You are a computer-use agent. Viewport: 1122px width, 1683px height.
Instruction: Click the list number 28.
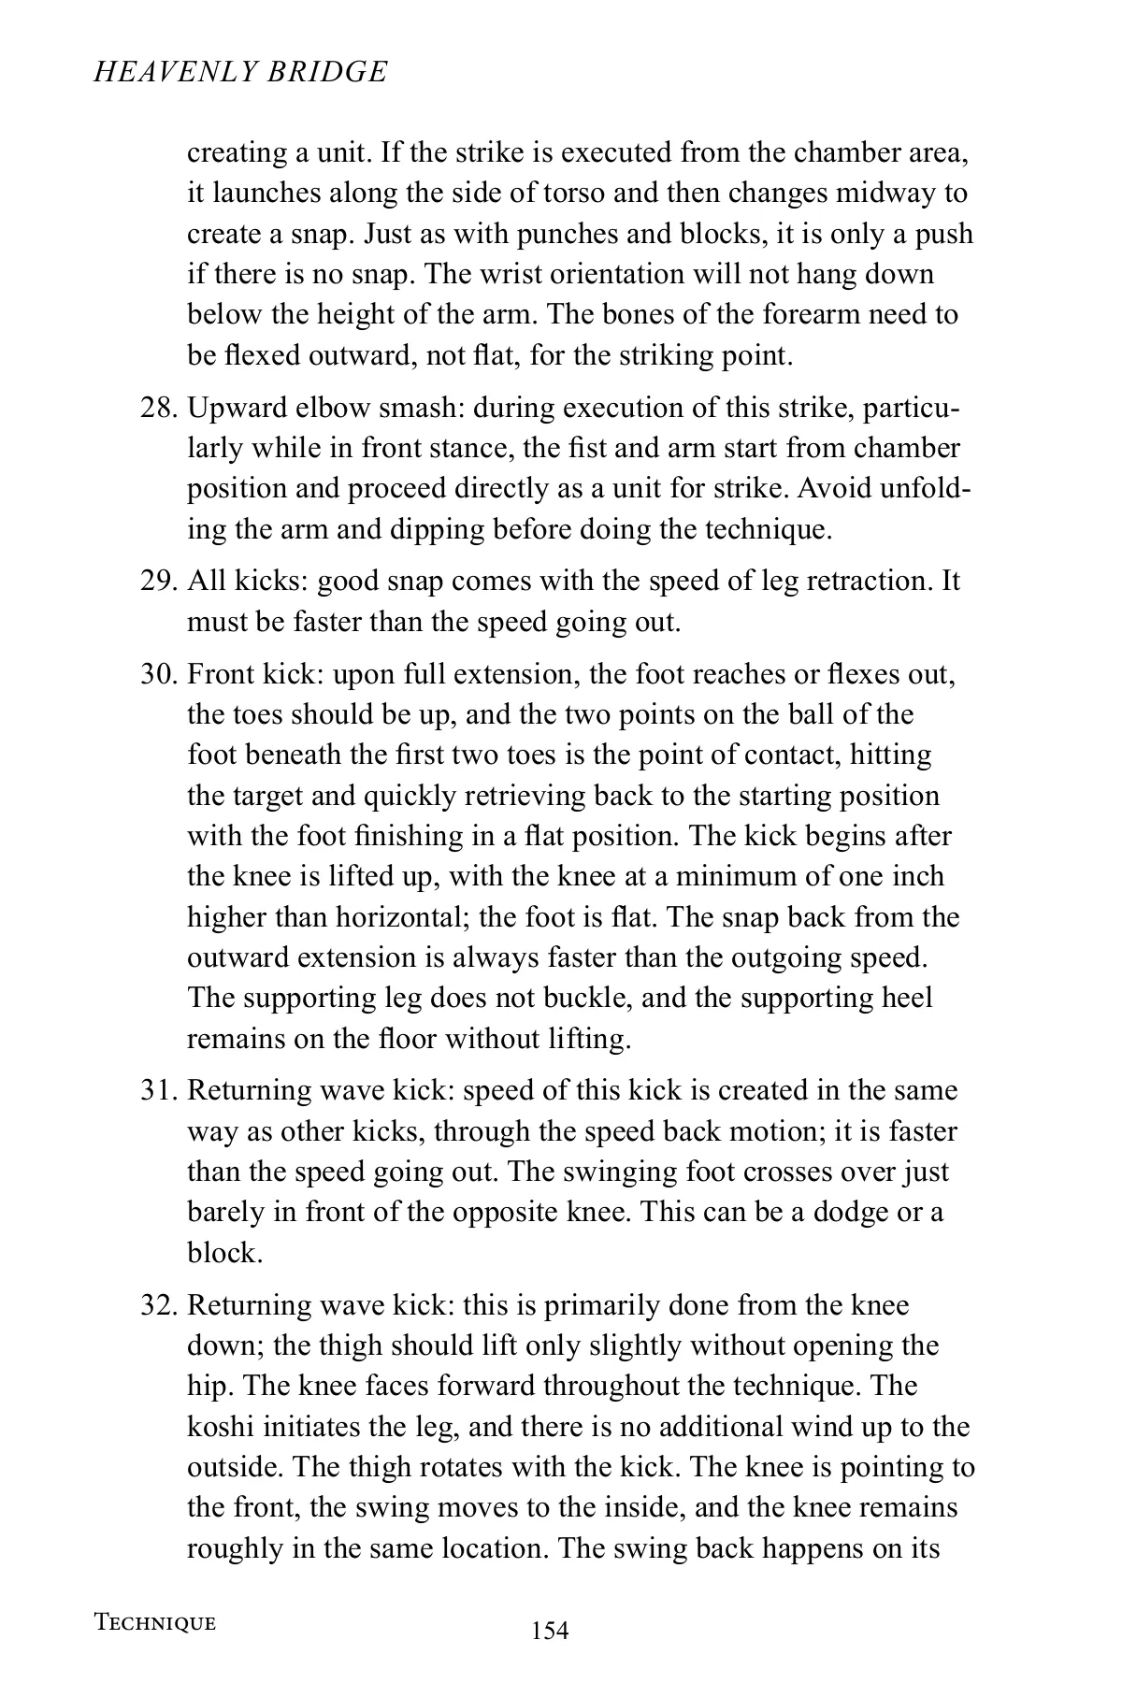pyautogui.click(x=158, y=409)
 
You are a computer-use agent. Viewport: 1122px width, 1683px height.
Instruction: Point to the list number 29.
pyautogui.click(x=158, y=581)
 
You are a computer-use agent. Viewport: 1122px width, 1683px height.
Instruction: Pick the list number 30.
pyautogui.click(x=158, y=674)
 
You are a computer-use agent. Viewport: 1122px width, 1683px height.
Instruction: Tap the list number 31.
pyautogui.click(x=158, y=1091)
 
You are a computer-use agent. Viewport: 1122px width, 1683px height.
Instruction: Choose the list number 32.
pyautogui.click(x=158, y=1305)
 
